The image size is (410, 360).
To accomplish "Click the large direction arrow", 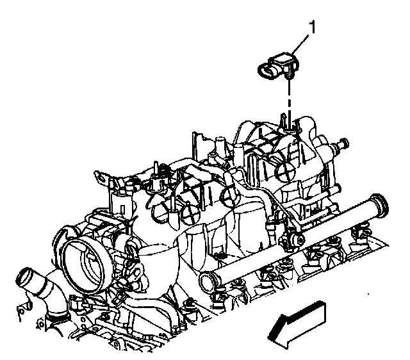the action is coord(297,325).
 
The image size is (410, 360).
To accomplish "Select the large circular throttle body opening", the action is coord(83,264).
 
